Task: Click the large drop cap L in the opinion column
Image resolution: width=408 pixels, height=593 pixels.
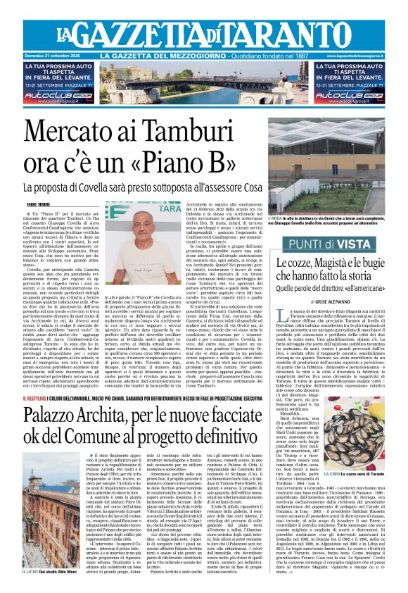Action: click(x=282, y=337)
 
